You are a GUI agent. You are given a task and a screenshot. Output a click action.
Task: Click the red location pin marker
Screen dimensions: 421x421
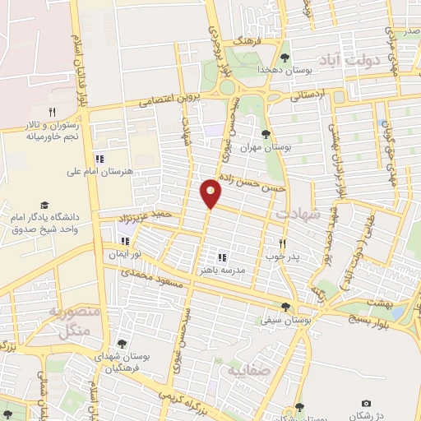[211, 192]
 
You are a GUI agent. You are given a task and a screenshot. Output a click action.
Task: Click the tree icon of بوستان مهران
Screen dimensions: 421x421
[265, 134]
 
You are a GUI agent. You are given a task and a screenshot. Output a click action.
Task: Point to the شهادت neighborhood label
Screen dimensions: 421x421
[295, 214]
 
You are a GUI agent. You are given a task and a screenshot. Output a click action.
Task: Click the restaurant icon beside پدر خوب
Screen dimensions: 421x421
[282, 243]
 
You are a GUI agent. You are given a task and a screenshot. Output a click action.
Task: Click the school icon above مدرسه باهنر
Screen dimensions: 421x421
[222, 257]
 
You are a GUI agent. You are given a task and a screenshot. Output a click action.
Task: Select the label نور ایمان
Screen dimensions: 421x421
[126, 253]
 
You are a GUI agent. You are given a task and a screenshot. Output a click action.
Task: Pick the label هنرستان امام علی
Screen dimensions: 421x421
[99, 172]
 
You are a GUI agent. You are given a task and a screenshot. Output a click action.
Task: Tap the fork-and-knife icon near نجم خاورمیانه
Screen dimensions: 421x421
[52, 112]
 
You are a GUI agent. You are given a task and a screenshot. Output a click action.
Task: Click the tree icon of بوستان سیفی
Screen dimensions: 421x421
[285, 307]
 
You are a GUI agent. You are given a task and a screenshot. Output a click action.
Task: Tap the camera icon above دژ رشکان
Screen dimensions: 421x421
[366, 403]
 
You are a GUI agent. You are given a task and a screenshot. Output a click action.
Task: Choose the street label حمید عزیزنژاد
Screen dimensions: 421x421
[147, 218]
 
